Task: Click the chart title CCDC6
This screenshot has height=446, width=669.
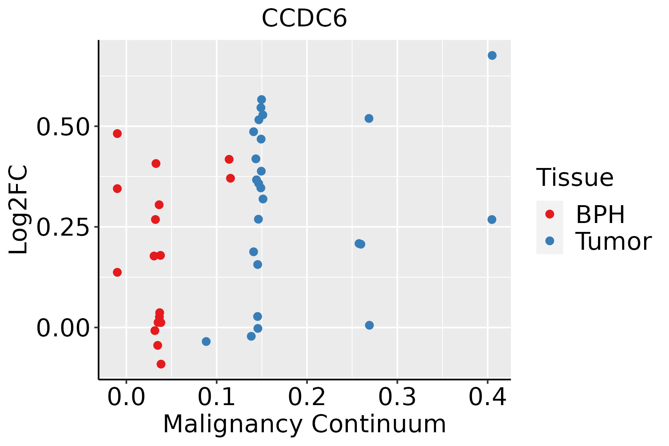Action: (304, 19)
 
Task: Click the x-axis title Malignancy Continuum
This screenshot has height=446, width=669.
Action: (304, 424)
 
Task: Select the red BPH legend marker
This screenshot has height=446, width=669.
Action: (549, 214)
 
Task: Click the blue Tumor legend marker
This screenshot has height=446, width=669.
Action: (549, 241)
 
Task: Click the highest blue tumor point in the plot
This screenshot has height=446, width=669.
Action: (492, 56)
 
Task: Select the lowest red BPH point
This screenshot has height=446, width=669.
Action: (161, 364)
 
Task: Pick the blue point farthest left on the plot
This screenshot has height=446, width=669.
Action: (206, 341)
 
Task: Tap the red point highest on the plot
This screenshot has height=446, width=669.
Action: (117, 134)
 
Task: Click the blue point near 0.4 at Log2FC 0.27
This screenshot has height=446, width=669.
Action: (492, 220)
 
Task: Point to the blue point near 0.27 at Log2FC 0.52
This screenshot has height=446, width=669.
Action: (369, 119)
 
